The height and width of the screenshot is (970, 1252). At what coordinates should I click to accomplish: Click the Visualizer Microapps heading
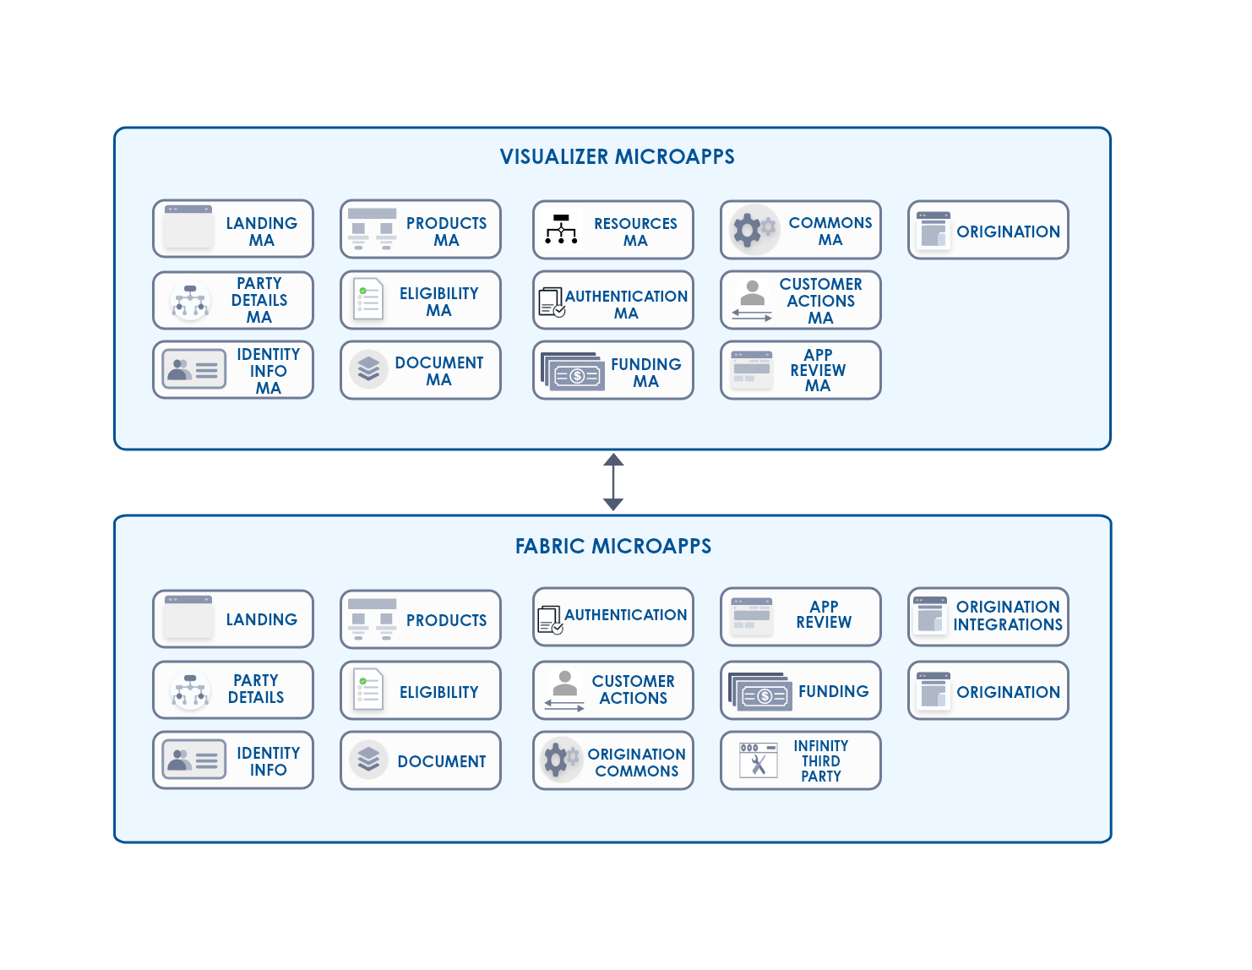pos(617,156)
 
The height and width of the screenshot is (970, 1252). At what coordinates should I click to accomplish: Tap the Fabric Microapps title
pos(613,546)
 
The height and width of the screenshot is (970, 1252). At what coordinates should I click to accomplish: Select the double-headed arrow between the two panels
pos(613,482)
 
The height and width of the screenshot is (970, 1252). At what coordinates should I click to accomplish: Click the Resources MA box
pos(613,230)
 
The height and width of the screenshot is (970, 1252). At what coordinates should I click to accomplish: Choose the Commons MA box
pos(801,230)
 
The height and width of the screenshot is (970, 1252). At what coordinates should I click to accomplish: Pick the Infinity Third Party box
pos(801,760)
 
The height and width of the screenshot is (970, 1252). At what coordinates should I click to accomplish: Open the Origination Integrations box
pos(988,616)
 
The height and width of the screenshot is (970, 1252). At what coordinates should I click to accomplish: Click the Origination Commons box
pos(613,760)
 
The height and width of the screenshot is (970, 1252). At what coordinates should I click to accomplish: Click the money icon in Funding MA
pos(573,372)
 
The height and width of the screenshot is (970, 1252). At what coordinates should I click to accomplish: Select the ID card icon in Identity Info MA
pos(193,369)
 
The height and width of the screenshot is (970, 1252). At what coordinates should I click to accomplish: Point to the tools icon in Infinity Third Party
pos(759,760)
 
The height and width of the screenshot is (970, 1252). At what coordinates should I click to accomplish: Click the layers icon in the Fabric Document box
pos(368,760)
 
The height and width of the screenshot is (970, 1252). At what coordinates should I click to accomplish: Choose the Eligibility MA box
pos(421,300)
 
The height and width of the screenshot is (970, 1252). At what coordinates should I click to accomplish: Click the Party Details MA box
pos(233,300)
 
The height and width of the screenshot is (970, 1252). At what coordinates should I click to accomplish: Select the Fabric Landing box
pos(233,619)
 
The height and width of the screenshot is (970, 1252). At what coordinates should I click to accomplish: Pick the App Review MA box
pos(801,370)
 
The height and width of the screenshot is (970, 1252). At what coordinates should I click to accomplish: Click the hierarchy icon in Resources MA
pos(561,229)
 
